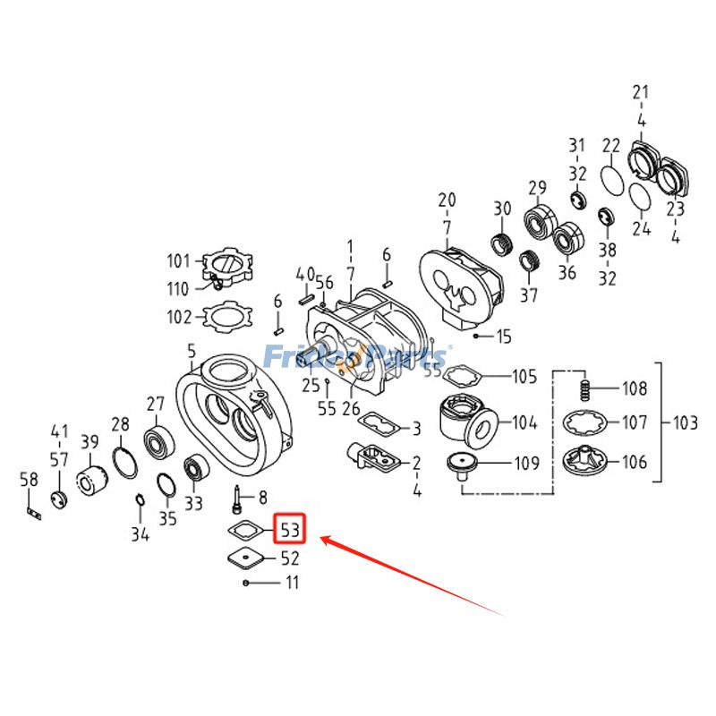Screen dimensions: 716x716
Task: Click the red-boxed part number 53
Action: point(290,530)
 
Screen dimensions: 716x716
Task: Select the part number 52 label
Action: point(290,558)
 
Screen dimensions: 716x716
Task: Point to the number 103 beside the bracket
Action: point(686,421)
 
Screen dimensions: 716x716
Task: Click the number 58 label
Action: point(30,481)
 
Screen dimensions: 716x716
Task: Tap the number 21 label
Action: point(641,92)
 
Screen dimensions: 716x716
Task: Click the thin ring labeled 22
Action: point(612,179)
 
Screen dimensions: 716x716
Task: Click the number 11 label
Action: point(292,583)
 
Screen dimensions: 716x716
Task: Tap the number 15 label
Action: point(504,337)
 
